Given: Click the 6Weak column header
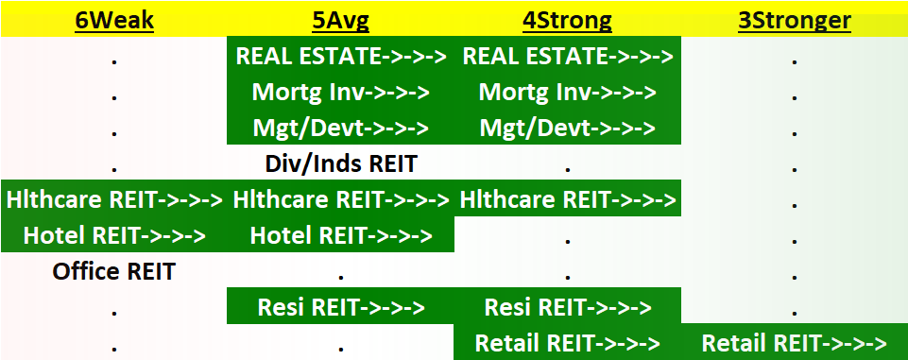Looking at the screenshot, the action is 113,19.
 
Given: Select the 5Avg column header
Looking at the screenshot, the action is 340,19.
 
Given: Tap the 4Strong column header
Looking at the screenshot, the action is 567,19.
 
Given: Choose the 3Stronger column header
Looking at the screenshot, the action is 795,19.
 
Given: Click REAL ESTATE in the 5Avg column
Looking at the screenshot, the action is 340,56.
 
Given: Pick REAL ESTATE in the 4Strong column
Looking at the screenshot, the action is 567,56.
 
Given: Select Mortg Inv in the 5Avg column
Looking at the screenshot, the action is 340,92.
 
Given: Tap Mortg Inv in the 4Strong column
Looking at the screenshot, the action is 567,92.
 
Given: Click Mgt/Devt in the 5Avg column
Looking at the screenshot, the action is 340,128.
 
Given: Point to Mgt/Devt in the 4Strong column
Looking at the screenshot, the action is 567,128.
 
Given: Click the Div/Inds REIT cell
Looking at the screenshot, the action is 340,163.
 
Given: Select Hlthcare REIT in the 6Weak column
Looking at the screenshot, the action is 113,199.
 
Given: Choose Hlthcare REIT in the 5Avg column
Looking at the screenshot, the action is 340,199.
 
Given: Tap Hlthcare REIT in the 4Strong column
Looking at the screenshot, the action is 567,199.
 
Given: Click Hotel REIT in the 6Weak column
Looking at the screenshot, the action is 113,235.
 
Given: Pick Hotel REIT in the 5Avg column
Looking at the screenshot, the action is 340,235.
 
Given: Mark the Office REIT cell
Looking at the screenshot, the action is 113,272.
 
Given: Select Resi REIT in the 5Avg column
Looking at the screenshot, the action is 340,307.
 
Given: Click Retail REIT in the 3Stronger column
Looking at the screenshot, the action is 795,342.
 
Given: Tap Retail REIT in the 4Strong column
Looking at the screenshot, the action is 567,342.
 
